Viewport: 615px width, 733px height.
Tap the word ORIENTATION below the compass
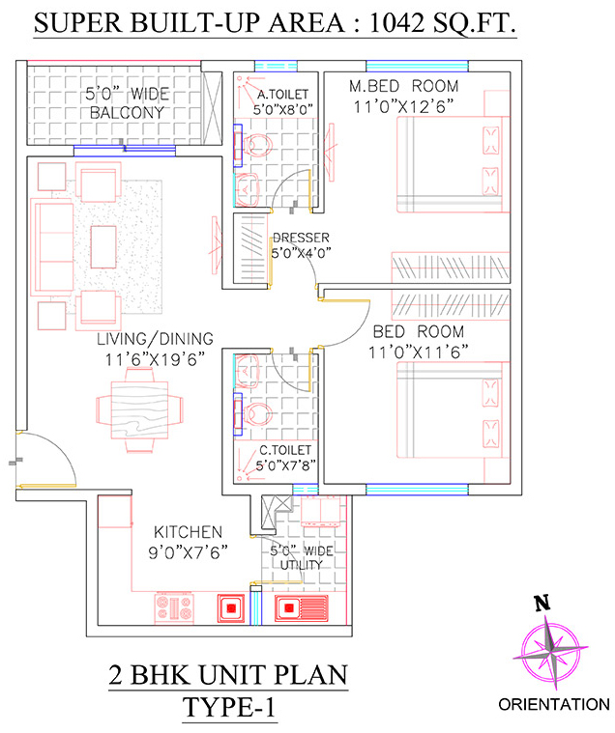tap(554, 706)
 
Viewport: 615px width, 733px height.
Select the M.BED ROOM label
tap(404, 87)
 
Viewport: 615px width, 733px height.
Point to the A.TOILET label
tap(283, 95)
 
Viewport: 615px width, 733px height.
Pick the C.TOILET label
tap(284, 450)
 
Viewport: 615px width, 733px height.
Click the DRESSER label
tap(301, 238)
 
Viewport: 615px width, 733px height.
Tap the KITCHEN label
tap(190, 532)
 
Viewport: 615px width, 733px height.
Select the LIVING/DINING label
tap(155, 339)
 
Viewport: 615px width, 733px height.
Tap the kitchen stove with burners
tap(174, 607)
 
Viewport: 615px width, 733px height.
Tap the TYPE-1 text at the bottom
tap(229, 707)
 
